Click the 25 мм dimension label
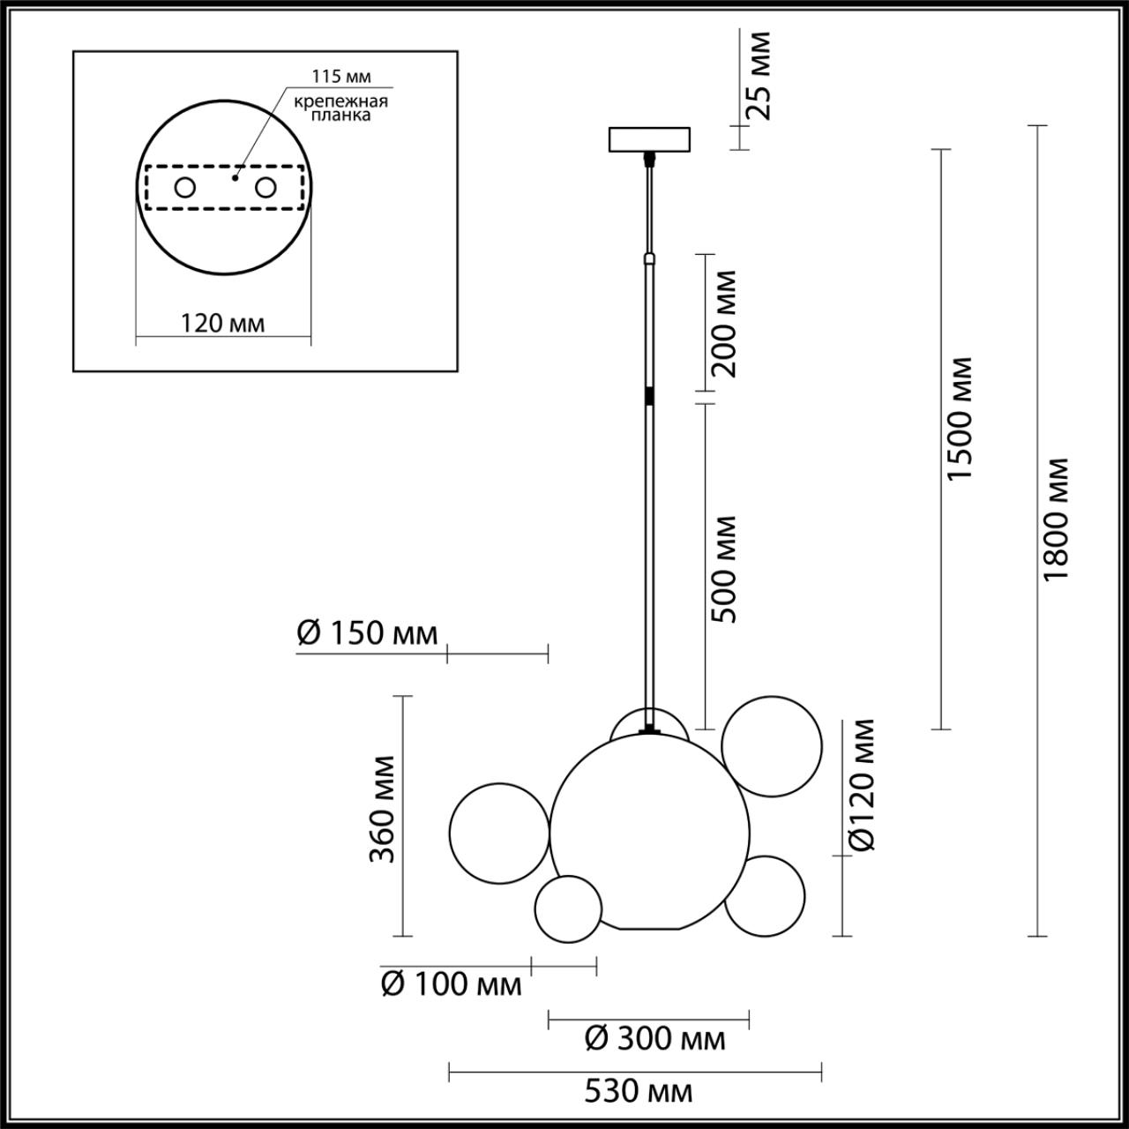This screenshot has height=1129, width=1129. pos(758,75)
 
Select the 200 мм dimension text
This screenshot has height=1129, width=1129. pos(724,323)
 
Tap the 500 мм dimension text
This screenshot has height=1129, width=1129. pos(724,569)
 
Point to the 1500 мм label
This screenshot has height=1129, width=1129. pos(959,419)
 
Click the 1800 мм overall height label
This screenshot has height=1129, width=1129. pos(1055,519)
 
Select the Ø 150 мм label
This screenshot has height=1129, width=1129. pos(367,633)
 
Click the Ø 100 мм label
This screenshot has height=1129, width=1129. pos(451,983)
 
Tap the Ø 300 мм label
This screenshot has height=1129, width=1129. pos(655,1039)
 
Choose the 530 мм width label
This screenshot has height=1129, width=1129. pos(638,1092)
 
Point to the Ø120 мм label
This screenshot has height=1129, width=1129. pos(864,785)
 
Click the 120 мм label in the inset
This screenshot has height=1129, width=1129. pos(222,323)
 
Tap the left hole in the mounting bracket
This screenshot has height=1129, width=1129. pos(185,187)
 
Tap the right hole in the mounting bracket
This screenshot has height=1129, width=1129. pos(265,187)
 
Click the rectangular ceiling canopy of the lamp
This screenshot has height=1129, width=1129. pos(649,140)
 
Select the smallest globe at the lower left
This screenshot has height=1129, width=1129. pos(568,908)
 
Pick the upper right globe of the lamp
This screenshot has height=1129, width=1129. pos(771,746)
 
